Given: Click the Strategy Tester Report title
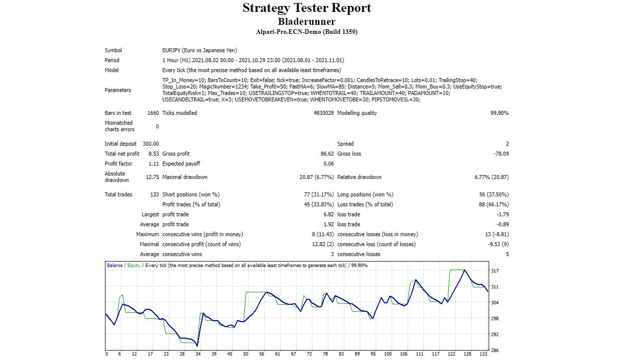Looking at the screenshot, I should point(307,8).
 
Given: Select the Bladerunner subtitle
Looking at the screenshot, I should point(307,21).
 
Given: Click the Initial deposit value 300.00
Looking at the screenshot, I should point(151,144).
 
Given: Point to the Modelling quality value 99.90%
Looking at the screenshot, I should point(499,113).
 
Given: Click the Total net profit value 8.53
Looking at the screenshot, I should point(153,154).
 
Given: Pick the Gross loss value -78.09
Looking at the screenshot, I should point(500,154).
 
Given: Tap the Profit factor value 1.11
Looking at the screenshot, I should point(154,164).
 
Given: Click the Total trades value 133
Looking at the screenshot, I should point(154,194).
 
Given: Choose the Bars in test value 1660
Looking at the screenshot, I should point(153,113).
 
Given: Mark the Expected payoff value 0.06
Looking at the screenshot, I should point(328,164).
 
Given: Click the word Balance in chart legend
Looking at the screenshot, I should point(115,266).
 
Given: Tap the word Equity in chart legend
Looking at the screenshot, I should point(134,266).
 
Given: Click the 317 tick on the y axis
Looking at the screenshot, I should point(495,271).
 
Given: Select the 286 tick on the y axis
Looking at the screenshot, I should point(495,350).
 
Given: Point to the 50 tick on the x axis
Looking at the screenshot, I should point(246,354).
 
